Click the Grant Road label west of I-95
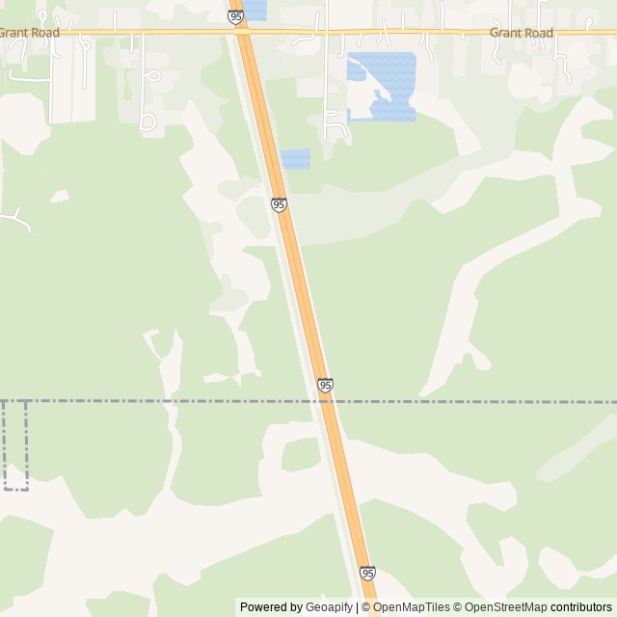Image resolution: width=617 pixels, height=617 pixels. (x=29, y=33)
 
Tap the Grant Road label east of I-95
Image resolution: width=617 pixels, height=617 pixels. (x=522, y=33)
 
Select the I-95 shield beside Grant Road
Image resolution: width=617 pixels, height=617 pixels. (x=236, y=16)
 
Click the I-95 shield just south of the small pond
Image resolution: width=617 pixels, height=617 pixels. (x=279, y=204)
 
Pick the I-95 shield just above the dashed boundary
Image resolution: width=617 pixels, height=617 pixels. (x=325, y=385)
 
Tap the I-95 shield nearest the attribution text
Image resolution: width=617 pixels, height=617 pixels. (x=367, y=573)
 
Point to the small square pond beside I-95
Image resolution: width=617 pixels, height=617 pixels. (x=295, y=159)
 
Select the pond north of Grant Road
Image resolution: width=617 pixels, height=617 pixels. (x=255, y=10)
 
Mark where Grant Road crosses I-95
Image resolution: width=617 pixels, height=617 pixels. (x=242, y=32)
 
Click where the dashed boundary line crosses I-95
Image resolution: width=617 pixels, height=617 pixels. (x=329, y=401)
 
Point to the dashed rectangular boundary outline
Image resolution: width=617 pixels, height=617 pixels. (x=15, y=445)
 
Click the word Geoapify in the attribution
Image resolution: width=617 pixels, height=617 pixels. (x=329, y=607)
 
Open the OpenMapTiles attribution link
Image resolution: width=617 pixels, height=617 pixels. (x=412, y=607)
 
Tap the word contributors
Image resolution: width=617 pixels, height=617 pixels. (x=581, y=607)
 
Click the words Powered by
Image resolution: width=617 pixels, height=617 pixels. (x=271, y=607)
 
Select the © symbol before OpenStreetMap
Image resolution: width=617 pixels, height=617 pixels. (x=459, y=607)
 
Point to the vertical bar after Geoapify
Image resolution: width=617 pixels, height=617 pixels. (x=357, y=607)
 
